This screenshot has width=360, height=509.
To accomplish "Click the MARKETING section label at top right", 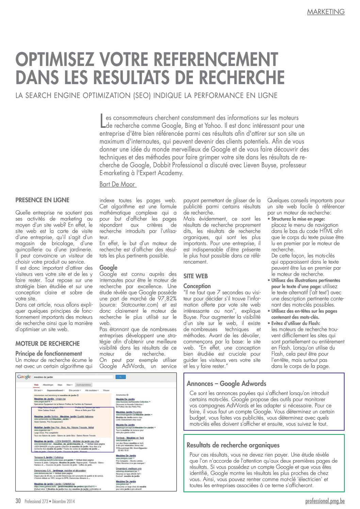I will point(326,12).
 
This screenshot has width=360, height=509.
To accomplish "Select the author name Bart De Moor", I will point(117,184).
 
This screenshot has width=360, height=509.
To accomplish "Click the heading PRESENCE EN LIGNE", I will point(42,200).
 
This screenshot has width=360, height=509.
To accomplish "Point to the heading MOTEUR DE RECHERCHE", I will point(47,344).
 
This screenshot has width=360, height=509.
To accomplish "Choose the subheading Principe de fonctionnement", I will point(49,354).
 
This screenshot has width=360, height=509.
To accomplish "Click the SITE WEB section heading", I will point(195,276).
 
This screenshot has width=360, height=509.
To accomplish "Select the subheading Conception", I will point(197,286).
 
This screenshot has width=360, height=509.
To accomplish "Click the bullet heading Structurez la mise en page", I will point(298,219).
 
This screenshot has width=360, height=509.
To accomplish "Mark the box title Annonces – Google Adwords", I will point(226,383).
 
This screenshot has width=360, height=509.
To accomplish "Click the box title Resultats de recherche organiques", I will point(233,445).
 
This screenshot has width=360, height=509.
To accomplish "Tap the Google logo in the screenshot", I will point(24,377).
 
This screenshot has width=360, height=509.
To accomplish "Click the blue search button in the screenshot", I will point(120,377).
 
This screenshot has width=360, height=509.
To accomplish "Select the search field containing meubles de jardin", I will point(73,377).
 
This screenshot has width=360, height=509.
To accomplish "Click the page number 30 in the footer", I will point(18,501).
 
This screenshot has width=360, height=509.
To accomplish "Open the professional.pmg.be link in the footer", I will point(325,501).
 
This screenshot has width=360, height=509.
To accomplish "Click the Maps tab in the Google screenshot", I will point(60,385).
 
